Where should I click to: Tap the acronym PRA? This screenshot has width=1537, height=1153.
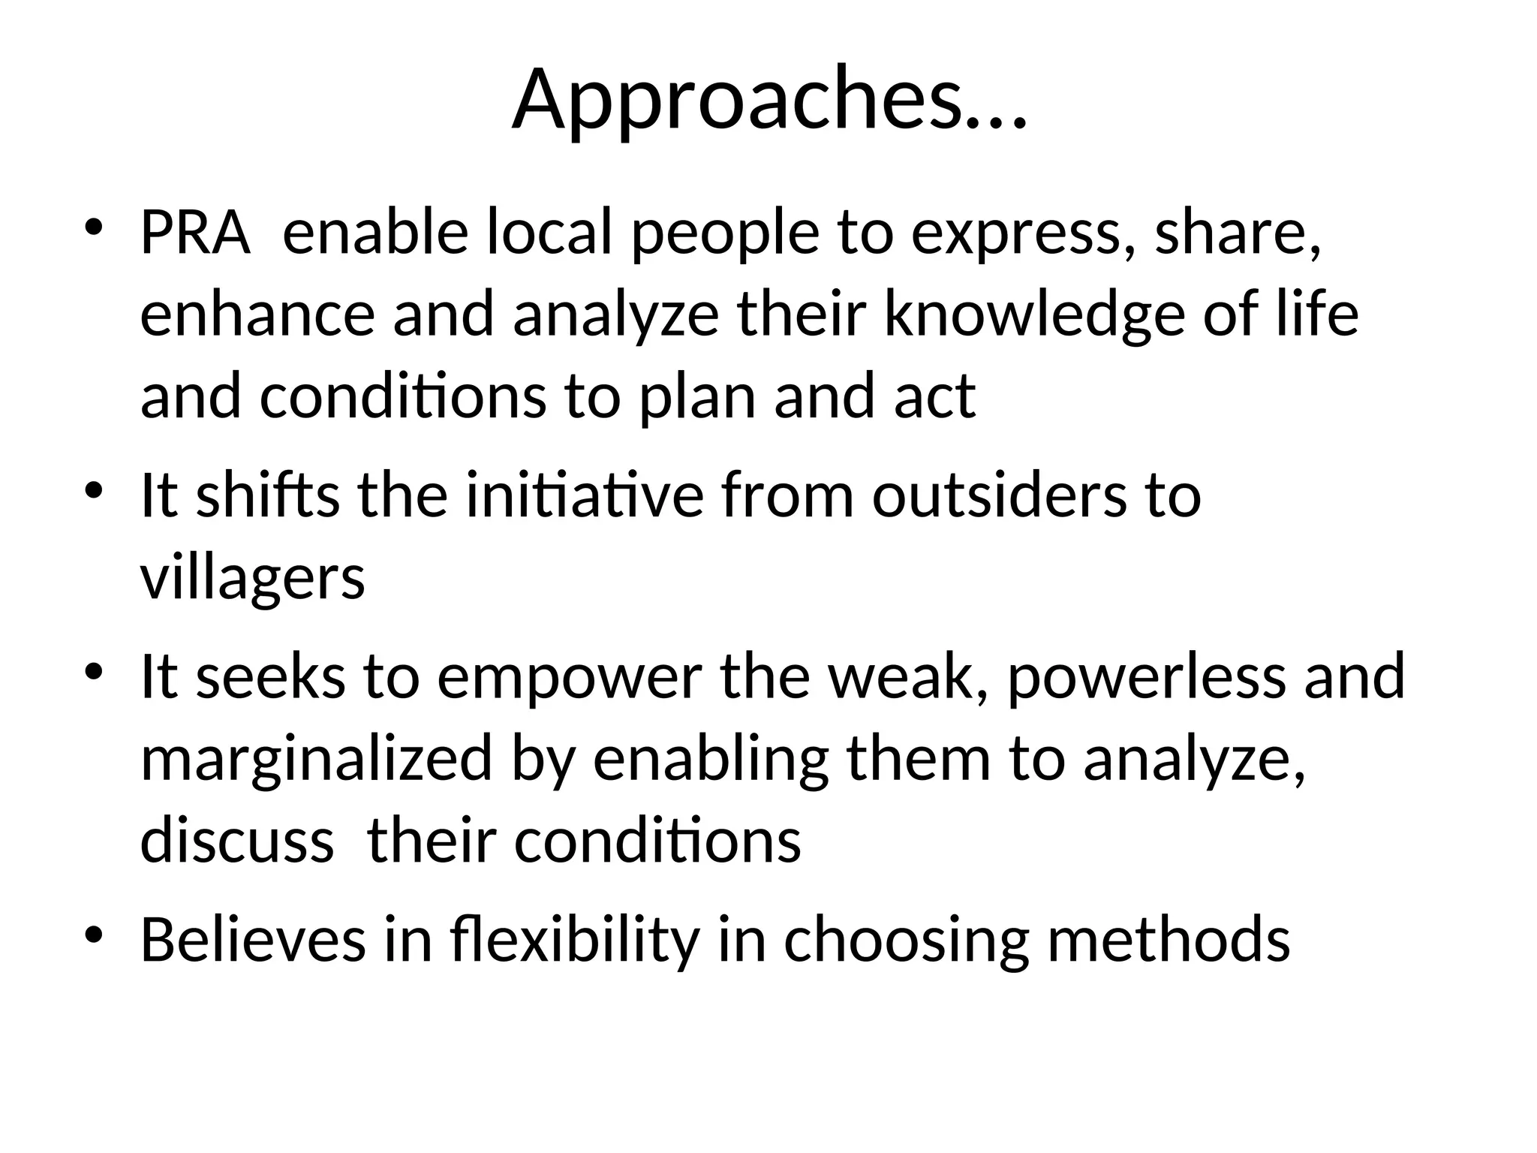click(194, 233)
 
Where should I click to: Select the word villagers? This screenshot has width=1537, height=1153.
click(252, 580)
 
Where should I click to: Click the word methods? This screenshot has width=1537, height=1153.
click(1169, 940)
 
